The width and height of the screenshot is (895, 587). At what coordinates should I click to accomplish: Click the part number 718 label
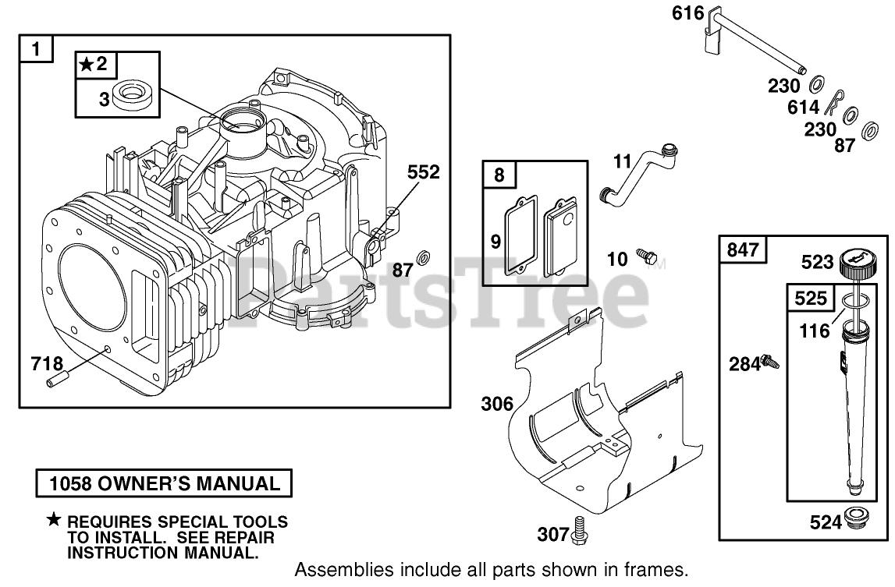(47, 362)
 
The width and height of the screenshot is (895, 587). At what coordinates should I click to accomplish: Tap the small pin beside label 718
(59, 380)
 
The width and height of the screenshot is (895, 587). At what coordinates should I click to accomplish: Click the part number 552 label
(423, 172)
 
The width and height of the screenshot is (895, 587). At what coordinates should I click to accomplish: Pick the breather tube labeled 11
(638, 175)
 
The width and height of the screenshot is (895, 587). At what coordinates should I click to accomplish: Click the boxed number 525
(808, 297)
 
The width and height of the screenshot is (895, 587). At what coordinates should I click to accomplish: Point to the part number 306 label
(498, 404)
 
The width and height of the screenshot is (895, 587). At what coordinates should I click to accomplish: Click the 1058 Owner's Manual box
(164, 483)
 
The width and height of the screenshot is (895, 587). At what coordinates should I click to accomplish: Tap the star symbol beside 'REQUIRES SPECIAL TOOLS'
(53, 521)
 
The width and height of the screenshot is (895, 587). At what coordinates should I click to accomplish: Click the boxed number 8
(499, 175)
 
